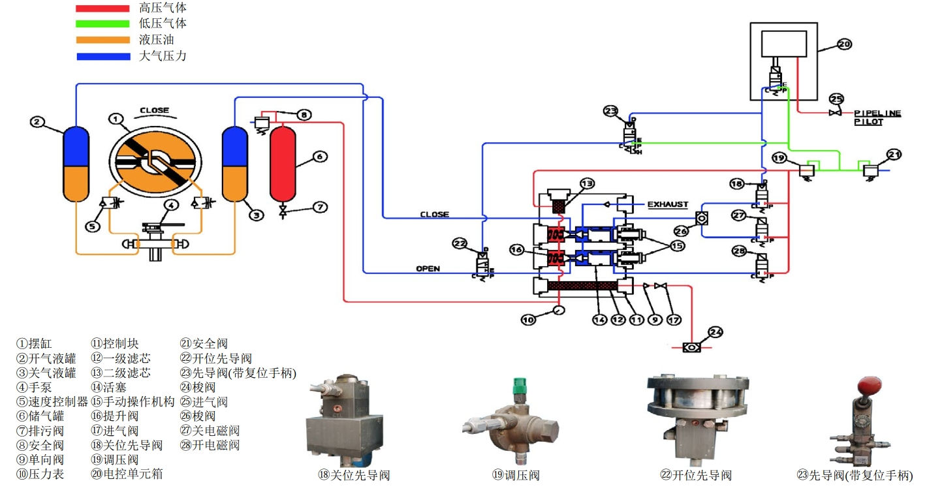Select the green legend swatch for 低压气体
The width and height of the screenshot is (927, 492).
point(102,24)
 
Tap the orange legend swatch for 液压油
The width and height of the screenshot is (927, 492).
point(102,40)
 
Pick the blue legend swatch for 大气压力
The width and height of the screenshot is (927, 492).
point(102,56)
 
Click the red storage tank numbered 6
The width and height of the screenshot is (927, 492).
point(283,163)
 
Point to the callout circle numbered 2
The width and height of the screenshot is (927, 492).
point(38,121)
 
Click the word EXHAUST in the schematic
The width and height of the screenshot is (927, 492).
point(667,205)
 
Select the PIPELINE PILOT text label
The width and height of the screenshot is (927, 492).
point(877,117)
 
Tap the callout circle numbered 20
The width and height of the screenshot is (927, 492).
point(843,44)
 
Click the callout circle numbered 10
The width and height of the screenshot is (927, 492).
point(528,319)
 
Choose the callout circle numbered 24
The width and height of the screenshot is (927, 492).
point(716,332)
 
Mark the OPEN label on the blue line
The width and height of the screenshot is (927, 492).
point(428,269)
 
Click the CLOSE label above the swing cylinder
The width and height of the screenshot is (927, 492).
point(154,110)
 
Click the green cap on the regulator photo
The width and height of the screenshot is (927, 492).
point(520,383)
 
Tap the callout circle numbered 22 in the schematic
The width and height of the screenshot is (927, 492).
point(461,243)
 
